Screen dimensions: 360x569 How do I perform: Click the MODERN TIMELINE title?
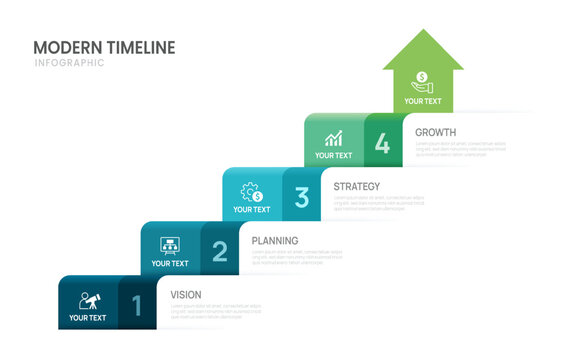point(104,48)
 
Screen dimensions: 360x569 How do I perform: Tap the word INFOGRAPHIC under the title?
point(69,64)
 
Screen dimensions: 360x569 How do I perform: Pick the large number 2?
point(220,252)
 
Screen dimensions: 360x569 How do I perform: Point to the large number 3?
point(302,197)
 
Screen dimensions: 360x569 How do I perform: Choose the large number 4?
point(383,143)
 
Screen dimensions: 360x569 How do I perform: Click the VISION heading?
point(186,294)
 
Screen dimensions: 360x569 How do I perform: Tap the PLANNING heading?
point(275,240)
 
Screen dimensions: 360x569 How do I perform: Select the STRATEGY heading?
point(357,186)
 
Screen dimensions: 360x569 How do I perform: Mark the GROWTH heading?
point(436,132)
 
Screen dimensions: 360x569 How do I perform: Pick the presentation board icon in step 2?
point(170,245)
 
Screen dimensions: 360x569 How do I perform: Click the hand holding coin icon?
point(423,81)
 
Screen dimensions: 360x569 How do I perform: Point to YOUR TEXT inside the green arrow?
point(423,101)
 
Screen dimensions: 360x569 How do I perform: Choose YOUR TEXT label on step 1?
point(88,318)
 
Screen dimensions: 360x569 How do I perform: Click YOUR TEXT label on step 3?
point(251,210)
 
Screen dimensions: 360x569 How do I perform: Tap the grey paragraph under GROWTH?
point(461,149)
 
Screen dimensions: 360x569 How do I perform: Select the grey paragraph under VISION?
point(215,311)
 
